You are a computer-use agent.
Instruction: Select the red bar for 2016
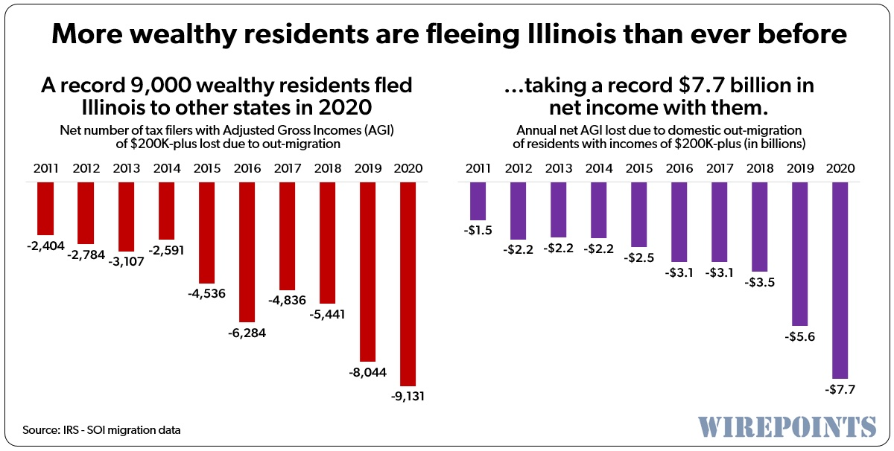(x=248, y=251)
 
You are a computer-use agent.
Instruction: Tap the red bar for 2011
(x=46, y=208)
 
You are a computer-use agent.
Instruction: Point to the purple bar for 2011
(x=478, y=201)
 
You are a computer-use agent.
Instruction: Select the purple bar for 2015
(x=639, y=214)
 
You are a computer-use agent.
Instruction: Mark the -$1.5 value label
(x=478, y=230)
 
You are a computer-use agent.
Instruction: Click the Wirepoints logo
(x=787, y=425)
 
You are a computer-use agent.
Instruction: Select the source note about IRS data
(x=102, y=430)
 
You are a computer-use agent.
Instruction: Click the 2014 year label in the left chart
(x=168, y=167)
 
